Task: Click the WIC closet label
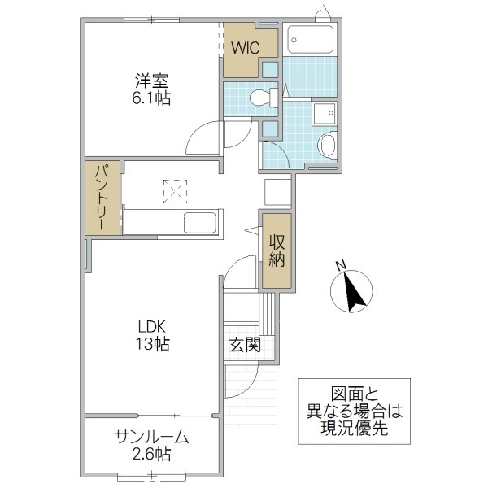[x=244, y=48]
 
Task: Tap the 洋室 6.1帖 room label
[x=152, y=89]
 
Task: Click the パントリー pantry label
[x=102, y=199]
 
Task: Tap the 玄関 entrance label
[x=244, y=345]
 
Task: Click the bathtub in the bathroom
[x=310, y=40]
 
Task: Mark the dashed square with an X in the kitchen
[x=174, y=192]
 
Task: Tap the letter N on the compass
[x=342, y=264]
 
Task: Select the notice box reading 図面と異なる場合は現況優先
[x=354, y=411]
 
